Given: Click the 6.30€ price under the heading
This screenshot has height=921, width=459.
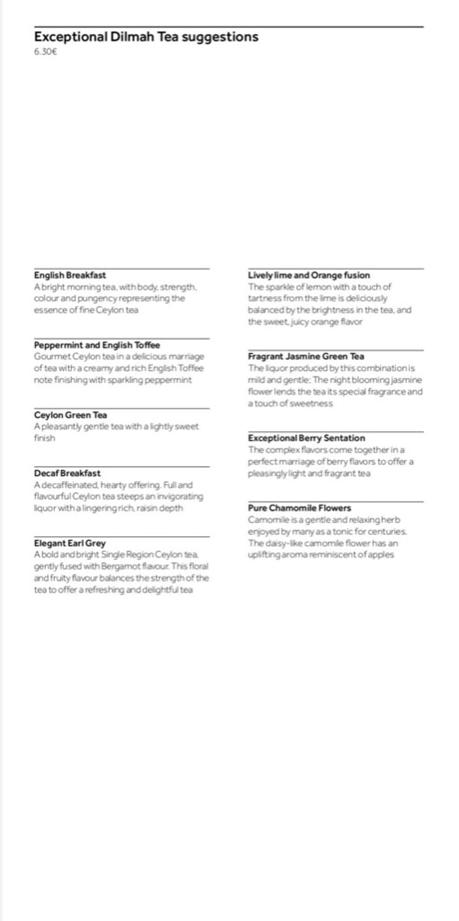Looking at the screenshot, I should tap(45, 52).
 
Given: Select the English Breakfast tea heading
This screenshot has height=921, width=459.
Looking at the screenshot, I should tap(69, 275).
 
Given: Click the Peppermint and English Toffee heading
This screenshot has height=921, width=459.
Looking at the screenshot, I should tap(97, 345).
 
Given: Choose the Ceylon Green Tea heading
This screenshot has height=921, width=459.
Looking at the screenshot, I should tap(70, 415).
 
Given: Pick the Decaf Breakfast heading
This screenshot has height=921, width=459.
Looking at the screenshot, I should tap(67, 473).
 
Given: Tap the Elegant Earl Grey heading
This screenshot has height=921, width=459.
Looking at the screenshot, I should tap(69, 543).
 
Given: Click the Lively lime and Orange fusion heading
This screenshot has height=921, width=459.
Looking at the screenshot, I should tap(308, 275).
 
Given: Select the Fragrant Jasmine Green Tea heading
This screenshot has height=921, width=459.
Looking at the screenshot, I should tap(306, 356).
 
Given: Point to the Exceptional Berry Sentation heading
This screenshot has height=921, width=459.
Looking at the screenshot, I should tap(306, 438).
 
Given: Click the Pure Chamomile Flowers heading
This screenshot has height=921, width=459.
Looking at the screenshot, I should tap(299, 508).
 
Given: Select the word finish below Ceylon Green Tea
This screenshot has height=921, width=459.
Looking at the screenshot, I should tap(44, 438).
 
